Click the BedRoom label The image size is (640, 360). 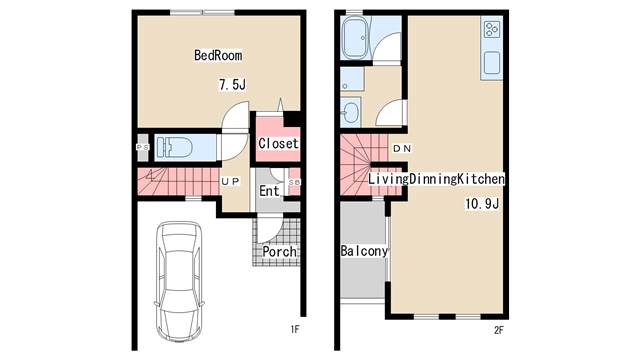point(218,55)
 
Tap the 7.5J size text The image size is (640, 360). point(232,84)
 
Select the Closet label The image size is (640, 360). point(278,143)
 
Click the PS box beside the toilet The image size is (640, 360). point(142,147)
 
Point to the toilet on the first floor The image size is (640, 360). point(174,147)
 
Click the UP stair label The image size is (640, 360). point(230,181)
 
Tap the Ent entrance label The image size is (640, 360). point(269,191)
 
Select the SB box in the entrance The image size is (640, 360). point(294,182)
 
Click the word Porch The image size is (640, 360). point(279,251)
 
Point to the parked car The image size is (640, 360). point(179,281)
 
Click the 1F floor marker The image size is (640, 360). point(295,329)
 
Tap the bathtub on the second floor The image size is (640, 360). point(355,38)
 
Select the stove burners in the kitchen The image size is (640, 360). point(491,29)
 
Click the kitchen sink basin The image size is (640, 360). point(492,62)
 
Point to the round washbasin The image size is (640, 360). point(351,111)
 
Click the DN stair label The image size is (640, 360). point(402,149)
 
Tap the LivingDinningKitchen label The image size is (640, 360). point(436,179)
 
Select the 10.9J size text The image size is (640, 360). point(482,204)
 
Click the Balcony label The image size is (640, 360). point(364,251)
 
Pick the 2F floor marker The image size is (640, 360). point(498,330)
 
